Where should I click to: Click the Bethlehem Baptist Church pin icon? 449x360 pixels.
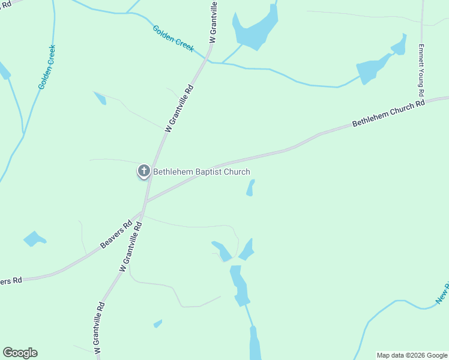click(143, 171)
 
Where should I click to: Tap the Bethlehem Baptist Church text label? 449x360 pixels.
click(202, 172)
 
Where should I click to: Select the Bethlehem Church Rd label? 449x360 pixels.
click(388, 113)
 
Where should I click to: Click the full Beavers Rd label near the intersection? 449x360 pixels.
click(115, 237)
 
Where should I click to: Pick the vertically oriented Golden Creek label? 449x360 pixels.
click(47, 67)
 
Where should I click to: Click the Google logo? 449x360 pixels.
click(20, 353)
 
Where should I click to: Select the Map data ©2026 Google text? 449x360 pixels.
click(412, 355)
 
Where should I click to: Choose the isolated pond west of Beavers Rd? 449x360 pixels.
click(34, 239)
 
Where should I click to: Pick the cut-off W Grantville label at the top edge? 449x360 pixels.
click(212, 21)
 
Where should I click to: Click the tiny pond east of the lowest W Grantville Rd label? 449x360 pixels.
click(158, 323)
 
